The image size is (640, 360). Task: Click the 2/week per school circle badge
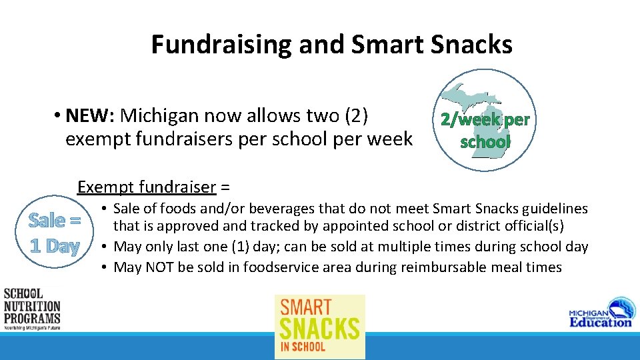pos(485,120)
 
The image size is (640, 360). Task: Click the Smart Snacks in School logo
pos(320,327)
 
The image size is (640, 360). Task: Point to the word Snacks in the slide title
pos(471,45)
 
